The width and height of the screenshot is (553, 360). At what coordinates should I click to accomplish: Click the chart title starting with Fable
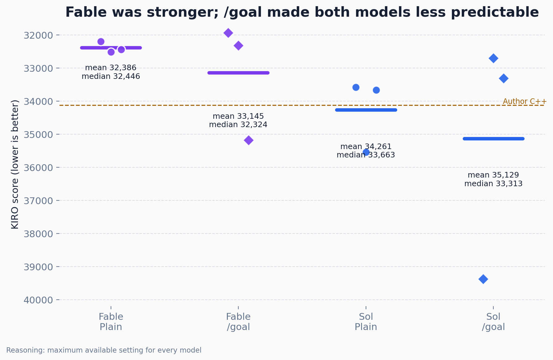click(302, 12)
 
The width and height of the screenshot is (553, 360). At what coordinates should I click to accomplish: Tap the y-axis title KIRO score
click(15, 164)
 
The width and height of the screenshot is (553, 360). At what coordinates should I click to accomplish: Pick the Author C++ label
click(525, 101)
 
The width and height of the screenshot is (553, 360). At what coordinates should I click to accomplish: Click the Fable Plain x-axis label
click(111, 322)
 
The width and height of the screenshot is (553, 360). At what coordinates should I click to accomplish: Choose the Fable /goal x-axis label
click(238, 322)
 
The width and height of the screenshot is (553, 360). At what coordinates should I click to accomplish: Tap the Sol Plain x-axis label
click(366, 322)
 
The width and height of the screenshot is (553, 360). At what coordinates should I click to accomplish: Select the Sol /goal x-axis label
click(493, 322)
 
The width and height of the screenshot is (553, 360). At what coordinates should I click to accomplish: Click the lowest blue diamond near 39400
click(483, 279)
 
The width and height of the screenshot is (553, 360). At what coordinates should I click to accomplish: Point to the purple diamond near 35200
click(249, 140)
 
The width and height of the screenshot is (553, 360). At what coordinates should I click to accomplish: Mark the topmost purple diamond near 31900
click(228, 33)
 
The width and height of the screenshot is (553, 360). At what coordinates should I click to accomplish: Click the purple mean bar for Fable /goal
click(238, 73)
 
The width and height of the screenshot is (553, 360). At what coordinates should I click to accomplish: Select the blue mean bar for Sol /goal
click(493, 139)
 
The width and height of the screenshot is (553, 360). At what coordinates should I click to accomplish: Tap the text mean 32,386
click(111, 68)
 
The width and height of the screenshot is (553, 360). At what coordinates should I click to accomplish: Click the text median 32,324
click(238, 125)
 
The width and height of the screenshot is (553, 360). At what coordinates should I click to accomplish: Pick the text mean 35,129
click(493, 175)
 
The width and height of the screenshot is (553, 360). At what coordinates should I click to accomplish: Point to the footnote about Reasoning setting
click(104, 350)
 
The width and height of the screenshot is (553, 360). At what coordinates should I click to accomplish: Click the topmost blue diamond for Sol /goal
click(493, 58)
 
